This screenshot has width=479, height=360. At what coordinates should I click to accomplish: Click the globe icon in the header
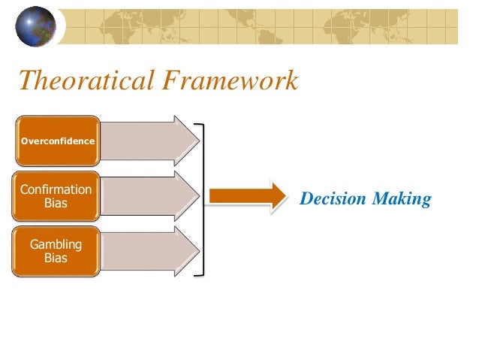(35, 26)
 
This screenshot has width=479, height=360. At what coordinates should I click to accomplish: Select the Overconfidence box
(58, 141)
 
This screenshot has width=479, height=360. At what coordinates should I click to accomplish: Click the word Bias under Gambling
(56, 258)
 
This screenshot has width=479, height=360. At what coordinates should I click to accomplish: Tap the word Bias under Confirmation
(56, 203)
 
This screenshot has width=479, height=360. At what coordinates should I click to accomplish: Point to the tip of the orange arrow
(285, 197)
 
